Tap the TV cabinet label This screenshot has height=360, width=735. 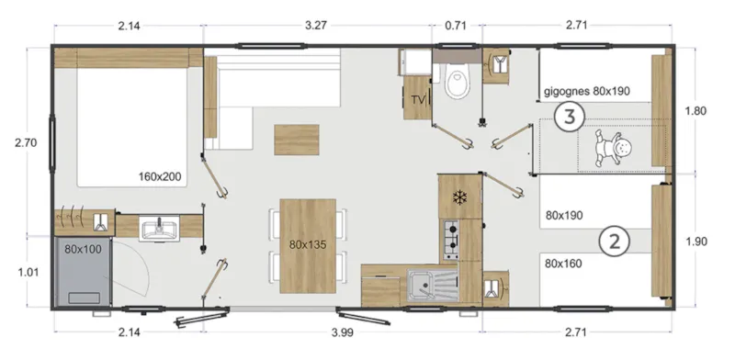[418, 99]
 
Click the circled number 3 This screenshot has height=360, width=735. [570, 118]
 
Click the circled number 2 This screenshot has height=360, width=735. [614, 242]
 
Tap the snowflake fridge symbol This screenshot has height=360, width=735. [460, 197]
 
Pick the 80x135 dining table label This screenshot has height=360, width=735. [308, 245]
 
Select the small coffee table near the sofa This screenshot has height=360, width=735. [297, 140]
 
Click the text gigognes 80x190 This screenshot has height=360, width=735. [587, 92]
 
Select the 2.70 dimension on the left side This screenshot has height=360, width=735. [26, 143]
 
